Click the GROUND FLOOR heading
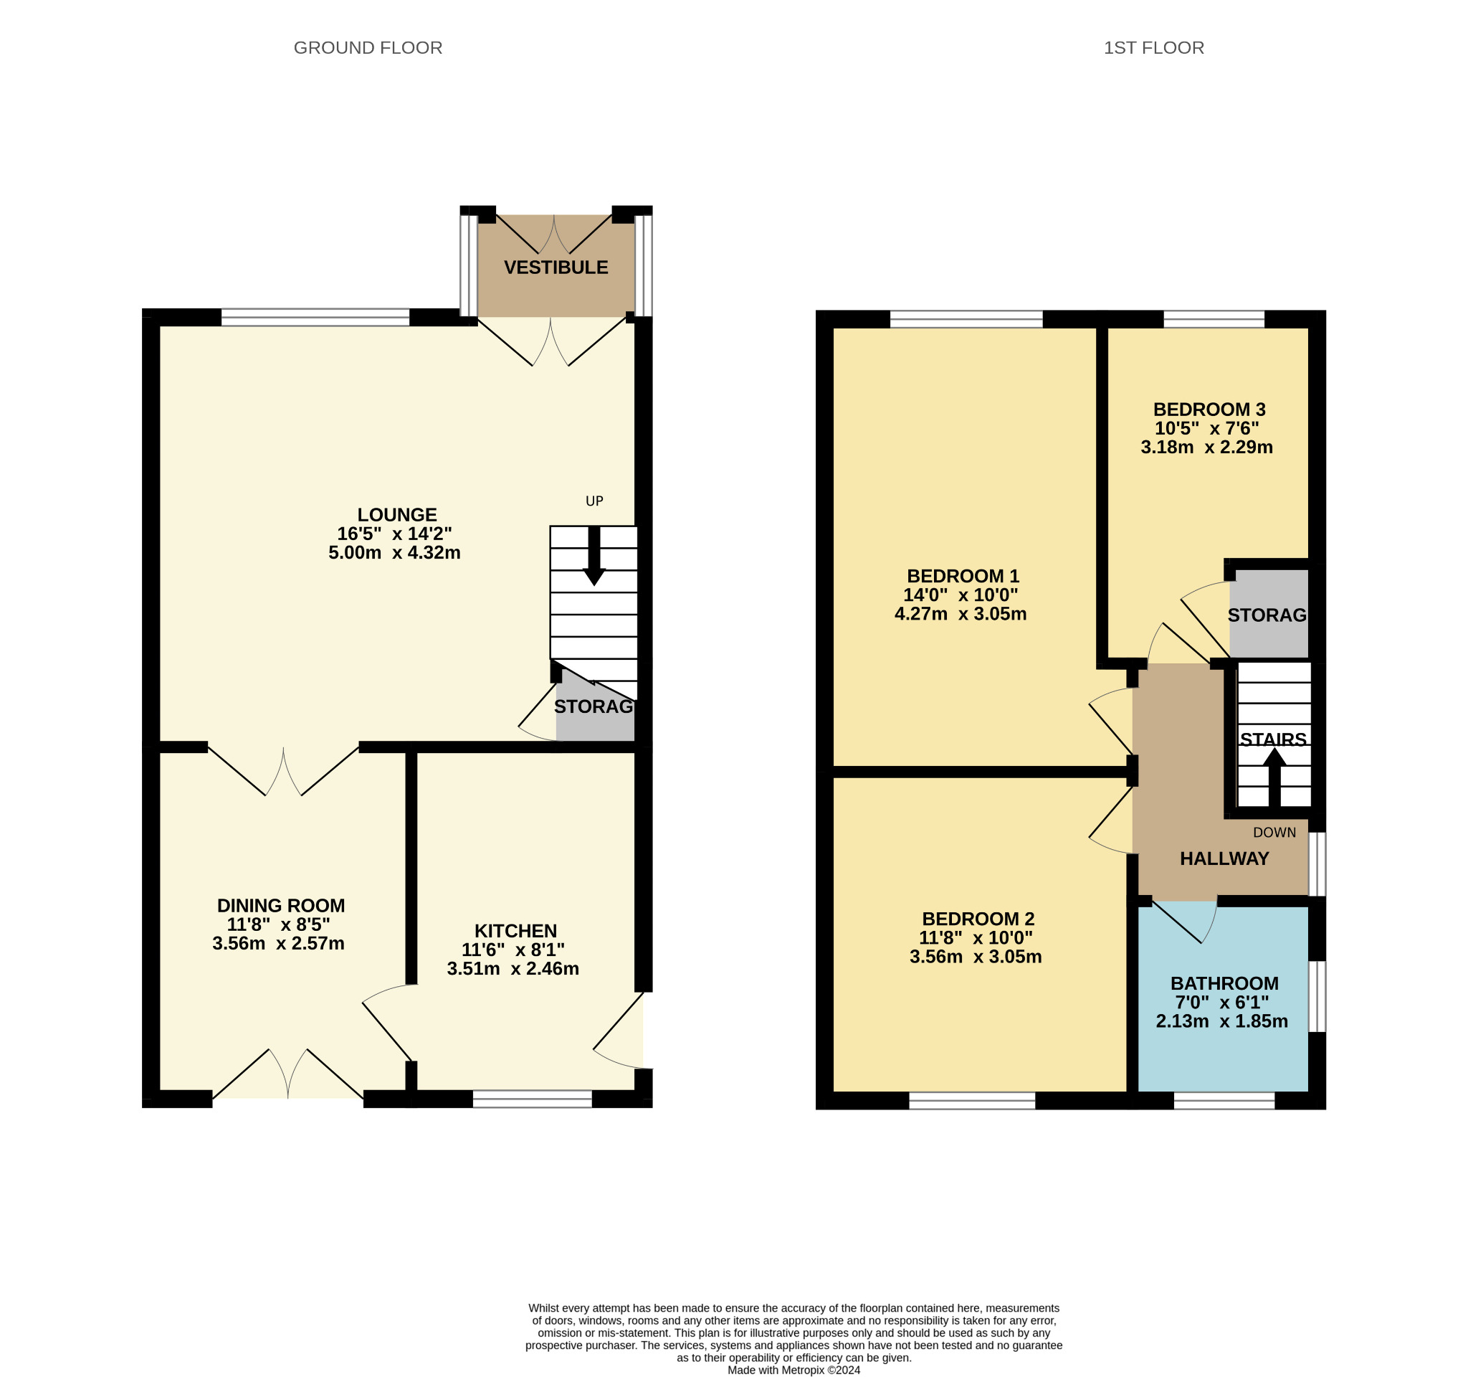368,48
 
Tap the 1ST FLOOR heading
1153,48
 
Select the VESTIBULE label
556,268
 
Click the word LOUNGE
396,515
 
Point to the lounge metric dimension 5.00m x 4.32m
394,552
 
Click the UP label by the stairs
594,501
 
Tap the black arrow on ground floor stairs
594,559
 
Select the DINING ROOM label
280,906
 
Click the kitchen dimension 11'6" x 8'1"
513,950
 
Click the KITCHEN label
515,931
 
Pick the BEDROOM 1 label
962,576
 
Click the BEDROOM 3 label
1209,410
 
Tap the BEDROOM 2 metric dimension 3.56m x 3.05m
975,957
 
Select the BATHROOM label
1224,983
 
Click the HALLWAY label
1224,858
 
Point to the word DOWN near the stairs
1274,833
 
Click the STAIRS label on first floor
1272,739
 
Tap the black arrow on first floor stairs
1274,777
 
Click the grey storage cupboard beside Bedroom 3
1268,615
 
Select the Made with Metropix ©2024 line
793,1371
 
